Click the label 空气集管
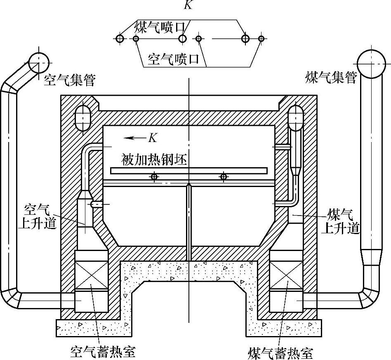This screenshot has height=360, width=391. [69, 79]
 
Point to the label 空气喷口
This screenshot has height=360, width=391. [173, 60]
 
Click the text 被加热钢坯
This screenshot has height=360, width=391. [155, 159]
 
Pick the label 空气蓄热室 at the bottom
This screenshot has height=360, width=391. [101, 352]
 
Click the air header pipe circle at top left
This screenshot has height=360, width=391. [39, 62]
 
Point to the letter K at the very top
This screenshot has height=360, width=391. [188, 5]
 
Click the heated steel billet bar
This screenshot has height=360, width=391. [189, 171]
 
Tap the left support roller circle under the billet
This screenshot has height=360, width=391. [154, 177]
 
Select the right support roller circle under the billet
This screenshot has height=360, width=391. [224, 177]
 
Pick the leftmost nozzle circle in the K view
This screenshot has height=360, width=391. [120, 39]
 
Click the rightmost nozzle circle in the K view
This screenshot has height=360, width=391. [261, 39]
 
